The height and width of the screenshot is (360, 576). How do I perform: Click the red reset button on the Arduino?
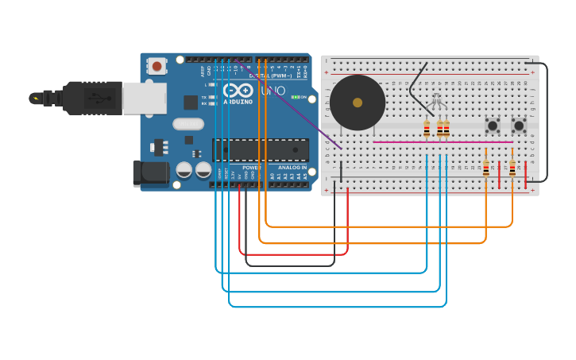157,67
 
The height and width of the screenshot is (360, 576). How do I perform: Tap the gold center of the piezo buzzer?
358,103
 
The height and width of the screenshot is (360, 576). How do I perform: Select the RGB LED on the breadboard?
435,101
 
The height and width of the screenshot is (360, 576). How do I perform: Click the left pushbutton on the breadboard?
493,125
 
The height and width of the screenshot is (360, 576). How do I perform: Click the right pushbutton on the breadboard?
519,125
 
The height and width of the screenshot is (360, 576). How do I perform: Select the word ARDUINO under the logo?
238,102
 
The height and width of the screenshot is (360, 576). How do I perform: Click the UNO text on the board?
273,91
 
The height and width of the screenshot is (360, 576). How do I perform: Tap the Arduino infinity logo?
238,90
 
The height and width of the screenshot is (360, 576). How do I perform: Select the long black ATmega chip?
261,149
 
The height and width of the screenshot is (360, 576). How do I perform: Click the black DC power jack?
150,173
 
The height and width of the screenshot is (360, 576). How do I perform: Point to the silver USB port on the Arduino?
144,98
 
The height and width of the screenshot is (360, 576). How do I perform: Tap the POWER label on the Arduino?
251,168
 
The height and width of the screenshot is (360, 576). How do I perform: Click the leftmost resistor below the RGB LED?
427,129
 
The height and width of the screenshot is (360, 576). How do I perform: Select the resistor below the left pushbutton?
486,168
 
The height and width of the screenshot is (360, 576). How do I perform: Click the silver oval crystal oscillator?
188,124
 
